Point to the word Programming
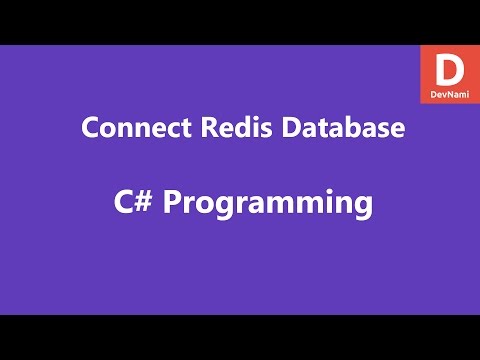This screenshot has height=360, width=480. [267, 204]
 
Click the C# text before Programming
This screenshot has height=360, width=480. [128, 203]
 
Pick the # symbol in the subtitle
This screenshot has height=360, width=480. [141, 203]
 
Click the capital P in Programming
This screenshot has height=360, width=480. [171, 203]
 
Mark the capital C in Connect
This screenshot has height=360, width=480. [87, 130]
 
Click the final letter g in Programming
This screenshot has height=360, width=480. [362, 207]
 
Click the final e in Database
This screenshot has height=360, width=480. [398, 131]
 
